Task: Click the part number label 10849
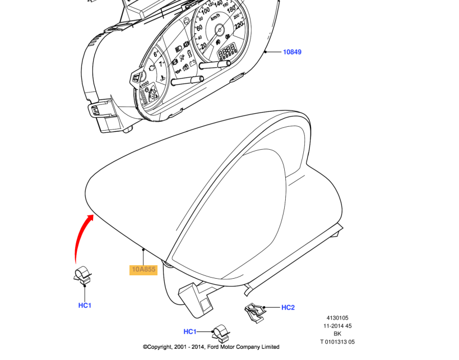tap(291, 52)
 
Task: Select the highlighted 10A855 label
tap(143, 270)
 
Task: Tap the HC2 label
tap(288, 307)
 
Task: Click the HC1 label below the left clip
tap(85, 306)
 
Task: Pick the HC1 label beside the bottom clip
tap(190, 331)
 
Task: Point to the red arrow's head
tap(91, 216)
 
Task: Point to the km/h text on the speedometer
tap(216, 18)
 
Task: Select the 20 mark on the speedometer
tap(203, 45)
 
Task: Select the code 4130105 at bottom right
tap(337, 317)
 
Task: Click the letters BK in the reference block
tap(337, 334)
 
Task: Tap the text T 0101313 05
tap(337, 341)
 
